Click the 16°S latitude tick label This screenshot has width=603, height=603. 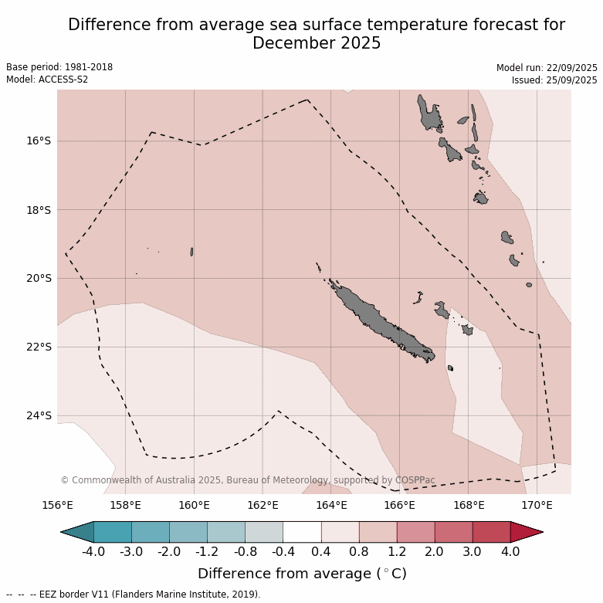click(x=39, y=141)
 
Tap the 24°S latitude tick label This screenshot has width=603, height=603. click(x=39, y=415)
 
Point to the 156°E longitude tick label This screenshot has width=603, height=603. click(x=57, y=506)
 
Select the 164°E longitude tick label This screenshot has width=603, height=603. click(x=330, y=506)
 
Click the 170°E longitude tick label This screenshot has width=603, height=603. click(x=536, y=506)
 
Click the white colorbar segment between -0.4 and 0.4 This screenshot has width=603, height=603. click(x=302, y=532)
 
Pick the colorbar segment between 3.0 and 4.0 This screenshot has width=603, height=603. click(x=491, y=532)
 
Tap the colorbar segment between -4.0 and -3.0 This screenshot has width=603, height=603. click(x=112, y=532)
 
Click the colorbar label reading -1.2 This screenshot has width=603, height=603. click(x=207, y=552)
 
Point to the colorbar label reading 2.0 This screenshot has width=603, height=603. click(x=434, y=552)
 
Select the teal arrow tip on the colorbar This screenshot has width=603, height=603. click(x=76, y=532)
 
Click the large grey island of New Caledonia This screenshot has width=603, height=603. click(x=378, y=320)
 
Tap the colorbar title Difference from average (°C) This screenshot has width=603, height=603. click(x=302, y=574)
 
